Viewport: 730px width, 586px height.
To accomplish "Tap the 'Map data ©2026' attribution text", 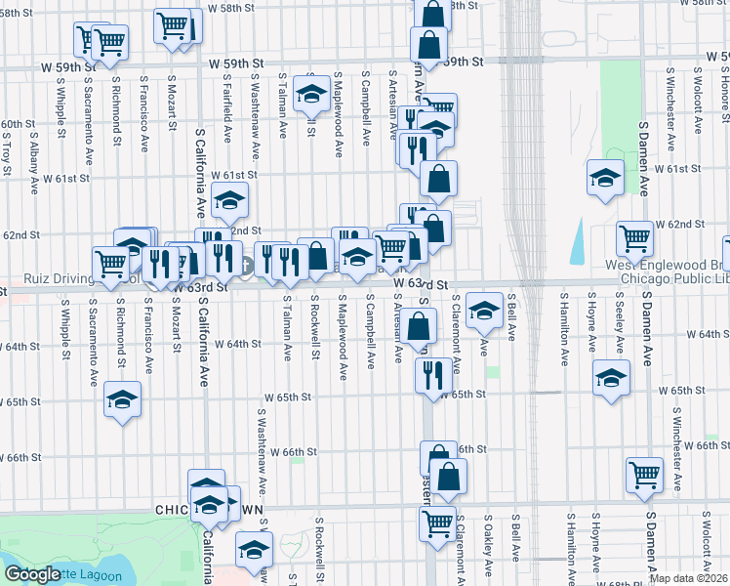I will (688, 578).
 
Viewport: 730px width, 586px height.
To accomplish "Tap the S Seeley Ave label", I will (620, 322).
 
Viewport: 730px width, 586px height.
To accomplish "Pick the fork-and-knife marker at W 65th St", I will (431, 375).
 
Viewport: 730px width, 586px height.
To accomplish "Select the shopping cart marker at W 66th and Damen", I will (644, 475).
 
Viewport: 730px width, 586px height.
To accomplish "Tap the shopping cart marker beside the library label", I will (634, 237).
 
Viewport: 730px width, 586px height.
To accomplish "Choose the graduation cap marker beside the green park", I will (605, 178).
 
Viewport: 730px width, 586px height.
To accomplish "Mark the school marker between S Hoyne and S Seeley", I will (610, 378).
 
